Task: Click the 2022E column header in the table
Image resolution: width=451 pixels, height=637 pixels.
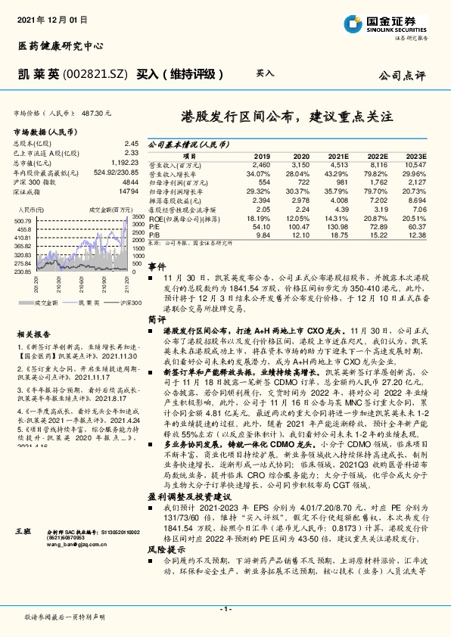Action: tap(378, 154)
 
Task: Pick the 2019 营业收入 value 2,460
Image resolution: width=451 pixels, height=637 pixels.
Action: tap(261, 163)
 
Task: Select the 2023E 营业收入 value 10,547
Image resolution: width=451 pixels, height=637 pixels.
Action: tap(415, 163)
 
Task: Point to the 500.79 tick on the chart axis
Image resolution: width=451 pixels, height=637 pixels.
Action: tap(22, 220)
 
